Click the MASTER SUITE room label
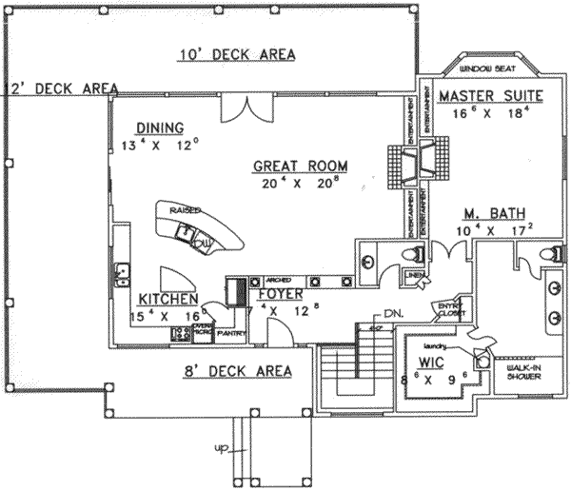coord(490,95)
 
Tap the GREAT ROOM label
coord(300,166)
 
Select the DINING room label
coord(159,128)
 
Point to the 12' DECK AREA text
coord(59,88)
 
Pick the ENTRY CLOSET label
coord(447,309)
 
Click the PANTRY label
coord(231,334)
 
